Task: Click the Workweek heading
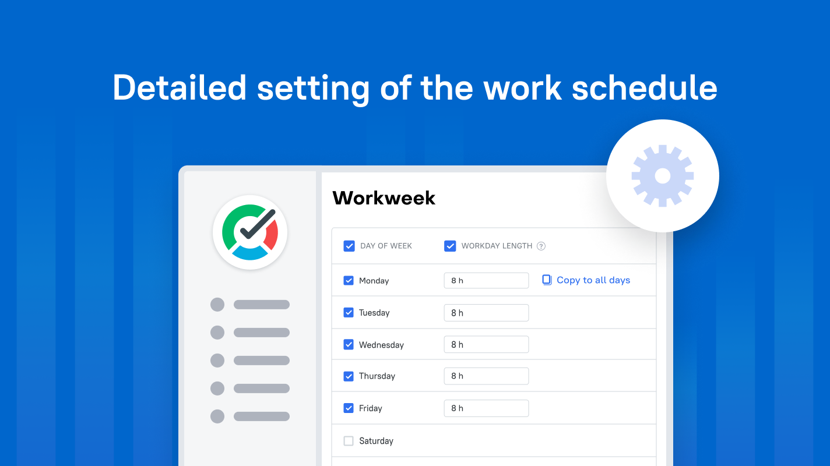point(384,198)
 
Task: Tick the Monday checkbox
point(349,281)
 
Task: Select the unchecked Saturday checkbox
point(349,441)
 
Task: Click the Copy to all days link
point(593,280)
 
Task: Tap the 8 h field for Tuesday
point(486,313)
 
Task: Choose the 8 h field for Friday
point(486,408)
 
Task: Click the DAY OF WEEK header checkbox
point(349,246)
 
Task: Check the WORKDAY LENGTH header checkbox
point(450,246)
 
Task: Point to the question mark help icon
point(541,246)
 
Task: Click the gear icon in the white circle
point(663,176)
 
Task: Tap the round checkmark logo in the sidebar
point(250,232)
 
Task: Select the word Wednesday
point(381,345)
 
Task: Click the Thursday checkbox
point(349,376)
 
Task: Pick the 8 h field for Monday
point(486,281)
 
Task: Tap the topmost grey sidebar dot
point(217,305)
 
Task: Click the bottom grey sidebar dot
point(217,416)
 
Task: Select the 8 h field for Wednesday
point(486,345)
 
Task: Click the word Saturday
point(376,441)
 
